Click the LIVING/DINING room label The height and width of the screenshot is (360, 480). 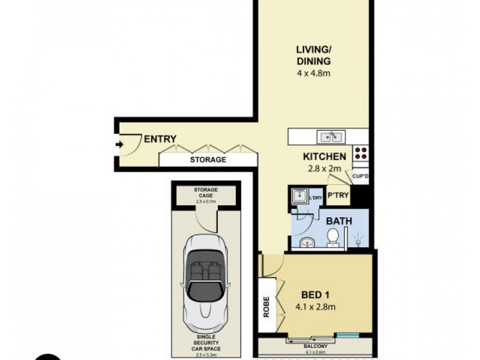pos(313,55)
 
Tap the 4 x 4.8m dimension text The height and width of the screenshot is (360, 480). pos(313,74)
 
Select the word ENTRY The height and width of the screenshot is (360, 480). pos(160,139)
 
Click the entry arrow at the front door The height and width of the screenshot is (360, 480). pos(119,144)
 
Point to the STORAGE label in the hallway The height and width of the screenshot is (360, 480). pos(208,160)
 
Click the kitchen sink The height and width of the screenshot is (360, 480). pos(329,137)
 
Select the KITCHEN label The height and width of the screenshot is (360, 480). pos(324,157)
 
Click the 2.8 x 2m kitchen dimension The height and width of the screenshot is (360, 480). pos(324,169)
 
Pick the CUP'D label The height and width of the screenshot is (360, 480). pos(360,176)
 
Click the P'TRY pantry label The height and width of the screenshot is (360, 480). pos(338,196)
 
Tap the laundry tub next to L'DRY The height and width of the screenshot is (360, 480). pos(299,195)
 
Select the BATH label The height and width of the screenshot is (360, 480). pos(338,221)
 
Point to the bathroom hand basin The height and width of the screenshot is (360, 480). pos(306,242)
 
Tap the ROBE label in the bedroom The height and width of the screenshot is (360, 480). pos(266,306)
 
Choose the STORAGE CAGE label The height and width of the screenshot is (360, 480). pos(206,193)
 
